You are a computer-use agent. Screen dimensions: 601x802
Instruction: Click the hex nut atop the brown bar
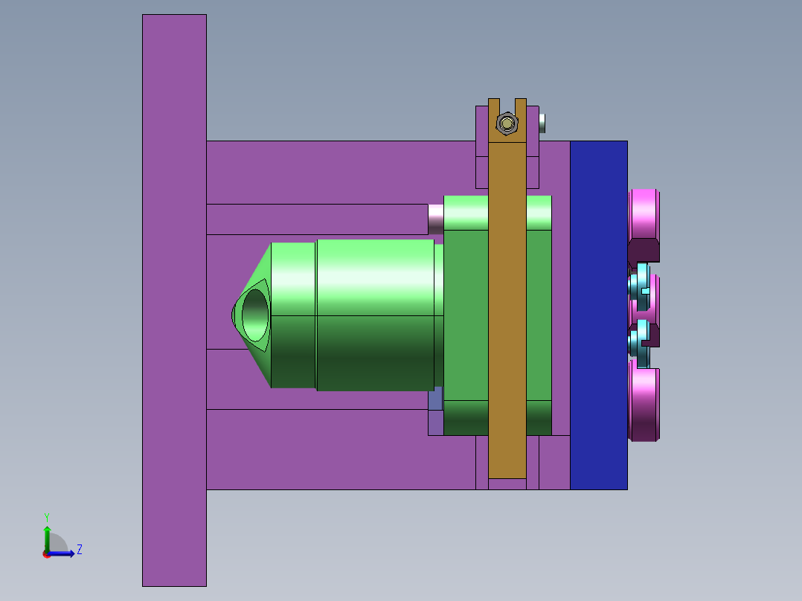pyautogui.click(x=507, y=123)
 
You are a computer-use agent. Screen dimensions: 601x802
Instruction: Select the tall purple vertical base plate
pyautogui.click(x=174, y=298)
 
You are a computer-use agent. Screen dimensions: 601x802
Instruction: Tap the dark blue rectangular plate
pyautogui.click(x=598, y=312)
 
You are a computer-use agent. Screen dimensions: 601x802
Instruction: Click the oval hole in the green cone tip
pyautogui.click(x=254, y=315)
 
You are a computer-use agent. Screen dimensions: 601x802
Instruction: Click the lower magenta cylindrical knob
pyautogui.click(x=644, y=403)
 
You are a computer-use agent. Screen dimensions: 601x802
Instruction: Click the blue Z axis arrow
pyautogui.click(x=62, y=553)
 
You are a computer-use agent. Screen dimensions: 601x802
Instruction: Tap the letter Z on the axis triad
pyautogui.click(x=79, y=550)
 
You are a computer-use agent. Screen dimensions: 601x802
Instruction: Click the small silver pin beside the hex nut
pyautogui.click(x=542, y=123)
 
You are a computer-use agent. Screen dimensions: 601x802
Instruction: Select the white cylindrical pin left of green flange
pyautogui.click(x=436, y=218)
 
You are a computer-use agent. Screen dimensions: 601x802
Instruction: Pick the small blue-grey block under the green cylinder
pyautogui.click(x=435, y=399)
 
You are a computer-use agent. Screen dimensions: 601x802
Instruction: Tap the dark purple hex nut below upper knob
pyautogui.click(x=643, y=251)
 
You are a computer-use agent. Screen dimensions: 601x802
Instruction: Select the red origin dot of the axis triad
pyautogui.click(x=46, y=554)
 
